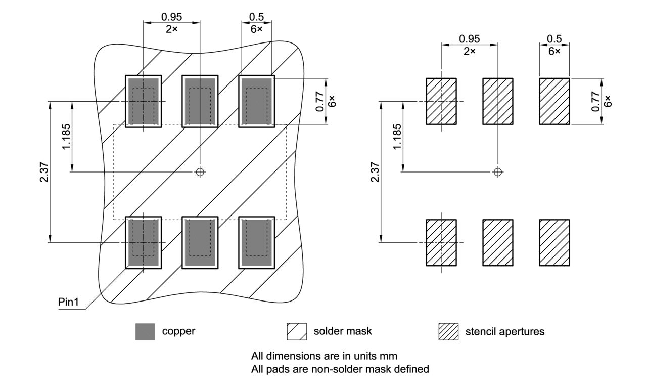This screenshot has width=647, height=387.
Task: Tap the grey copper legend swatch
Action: (146, 331)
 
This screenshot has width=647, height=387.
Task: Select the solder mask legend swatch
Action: (297, 331)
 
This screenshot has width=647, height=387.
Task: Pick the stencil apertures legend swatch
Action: (448, 331)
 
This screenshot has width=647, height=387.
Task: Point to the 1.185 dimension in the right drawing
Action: (398, 137)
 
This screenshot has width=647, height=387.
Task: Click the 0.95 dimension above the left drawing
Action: (172, 17)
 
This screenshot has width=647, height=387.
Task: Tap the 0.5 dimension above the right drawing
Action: (554, 39)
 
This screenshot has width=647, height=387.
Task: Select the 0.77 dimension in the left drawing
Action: (320, 101)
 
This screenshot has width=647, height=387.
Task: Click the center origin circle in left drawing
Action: (200, 172)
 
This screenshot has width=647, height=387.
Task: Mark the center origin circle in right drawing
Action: (498, 172)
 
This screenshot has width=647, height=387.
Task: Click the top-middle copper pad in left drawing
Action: (200, 101)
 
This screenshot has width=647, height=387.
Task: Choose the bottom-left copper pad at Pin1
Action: (144, 242)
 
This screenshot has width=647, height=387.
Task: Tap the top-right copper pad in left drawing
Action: (257, 101)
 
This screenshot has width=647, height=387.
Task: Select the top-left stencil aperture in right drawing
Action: (441, 101)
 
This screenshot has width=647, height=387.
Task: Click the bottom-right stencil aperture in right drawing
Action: (554, 242)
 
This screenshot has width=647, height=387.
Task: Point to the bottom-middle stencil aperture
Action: (498, 242)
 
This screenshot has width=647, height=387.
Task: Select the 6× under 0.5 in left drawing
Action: (257, 29)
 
